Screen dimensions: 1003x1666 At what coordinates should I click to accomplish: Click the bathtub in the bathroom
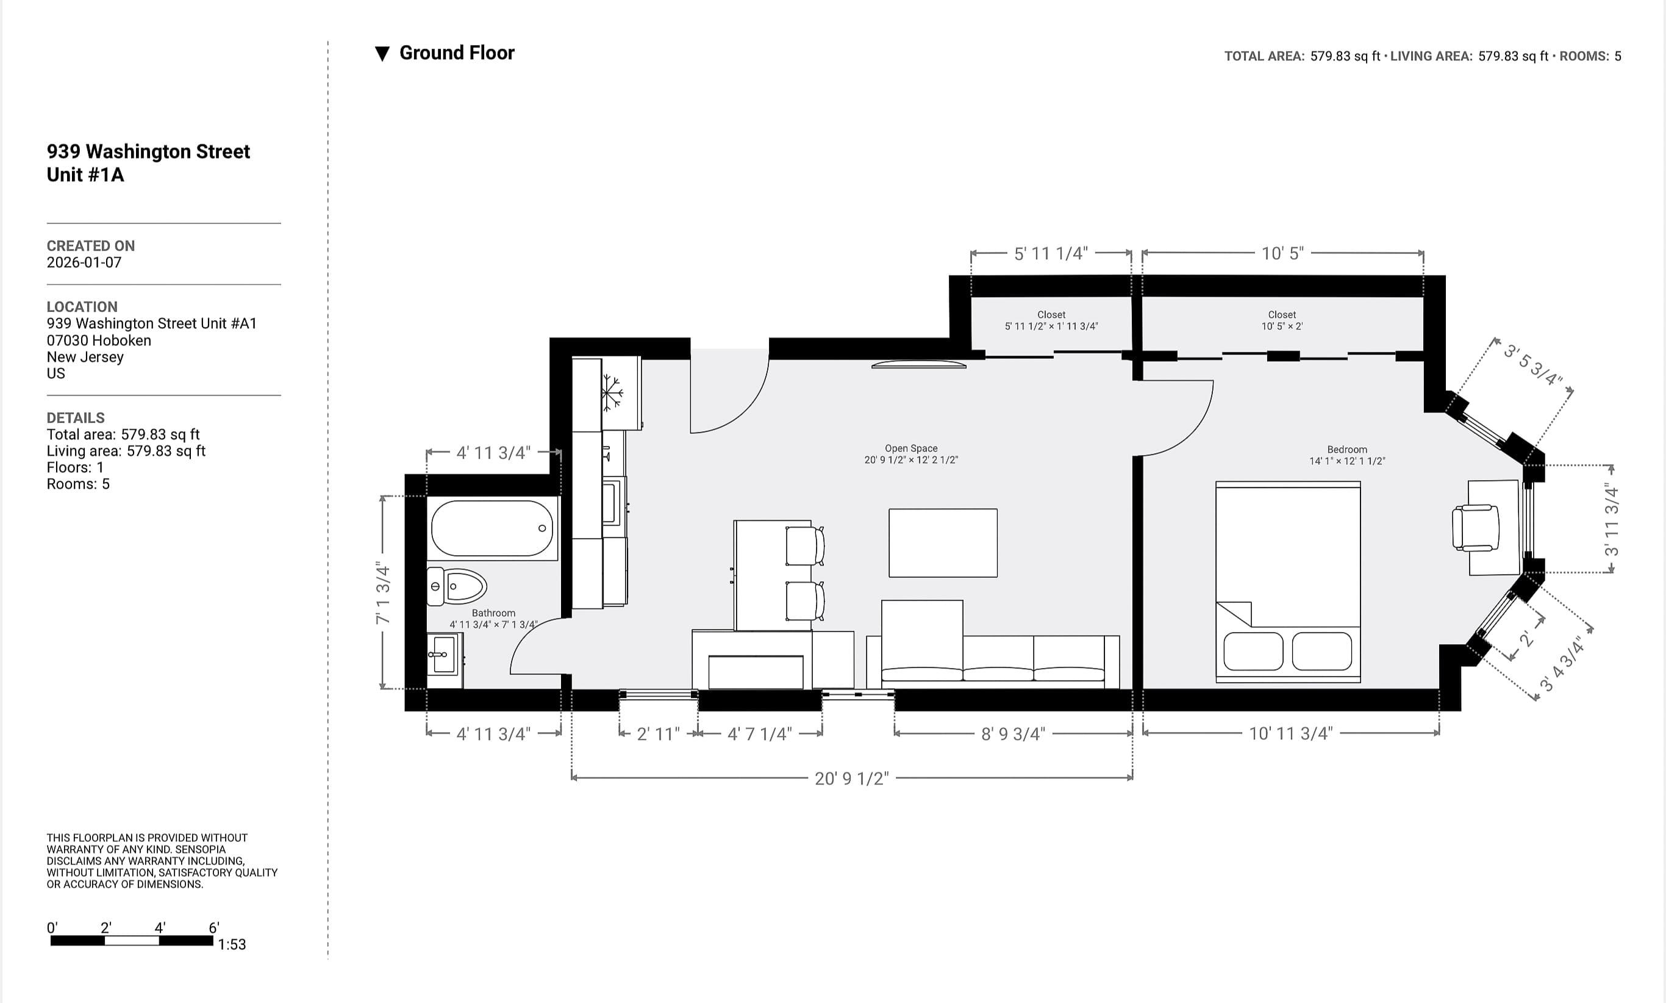point(492,528)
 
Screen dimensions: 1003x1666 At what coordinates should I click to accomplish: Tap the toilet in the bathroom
point(457,586)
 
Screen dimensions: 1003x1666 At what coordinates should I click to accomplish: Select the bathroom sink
point(443,654)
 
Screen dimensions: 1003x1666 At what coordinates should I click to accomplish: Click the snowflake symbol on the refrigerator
point(612,392)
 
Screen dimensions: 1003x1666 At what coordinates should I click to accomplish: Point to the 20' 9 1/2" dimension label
point(851,778)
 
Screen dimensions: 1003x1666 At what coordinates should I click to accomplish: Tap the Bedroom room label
point(1346,450)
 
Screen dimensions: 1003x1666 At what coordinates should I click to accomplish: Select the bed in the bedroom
point(1288,581)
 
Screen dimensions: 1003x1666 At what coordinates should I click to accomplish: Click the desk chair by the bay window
point(1476,528)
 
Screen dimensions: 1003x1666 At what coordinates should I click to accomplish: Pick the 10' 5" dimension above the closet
point(1282,253)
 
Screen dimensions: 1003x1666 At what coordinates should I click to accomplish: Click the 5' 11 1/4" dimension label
point(1051,253)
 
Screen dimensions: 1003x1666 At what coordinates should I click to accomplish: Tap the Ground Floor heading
point(457,52)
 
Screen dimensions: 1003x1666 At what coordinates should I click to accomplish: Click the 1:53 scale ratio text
point(232,944)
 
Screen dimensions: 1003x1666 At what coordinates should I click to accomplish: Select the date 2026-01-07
point(84,262)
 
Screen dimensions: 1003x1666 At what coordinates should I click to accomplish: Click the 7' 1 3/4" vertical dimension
point(383,593)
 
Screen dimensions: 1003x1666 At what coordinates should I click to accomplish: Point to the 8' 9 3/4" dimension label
point(1013,734)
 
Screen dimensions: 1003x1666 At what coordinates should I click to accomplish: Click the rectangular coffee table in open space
point(942,543)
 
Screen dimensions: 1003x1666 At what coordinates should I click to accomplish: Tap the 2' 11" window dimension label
point(658,734)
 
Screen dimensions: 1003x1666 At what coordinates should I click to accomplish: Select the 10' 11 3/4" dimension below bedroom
point(1290,733)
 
